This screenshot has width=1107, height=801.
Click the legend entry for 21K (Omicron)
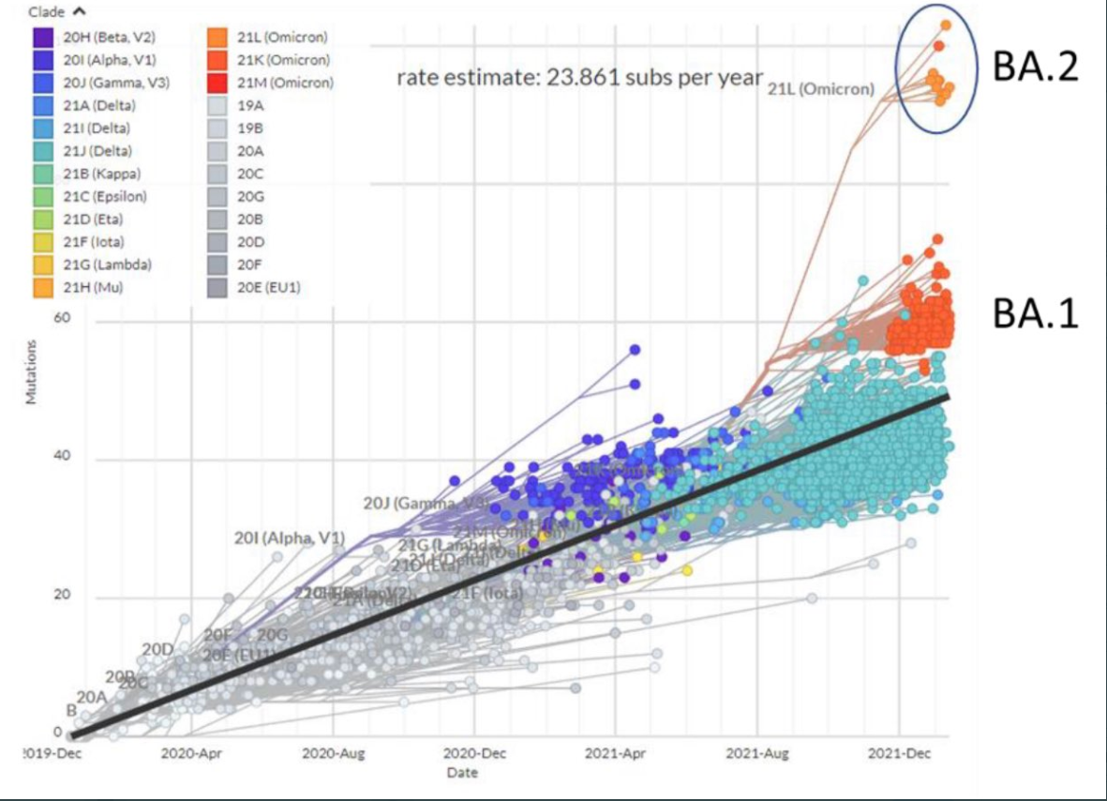pyautogui.click(x=295, y=60)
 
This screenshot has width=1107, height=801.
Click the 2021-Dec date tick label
pyautogui.click(x=900, y=753)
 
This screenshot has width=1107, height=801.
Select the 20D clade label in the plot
pyautogui.click(x=157, y=649)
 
